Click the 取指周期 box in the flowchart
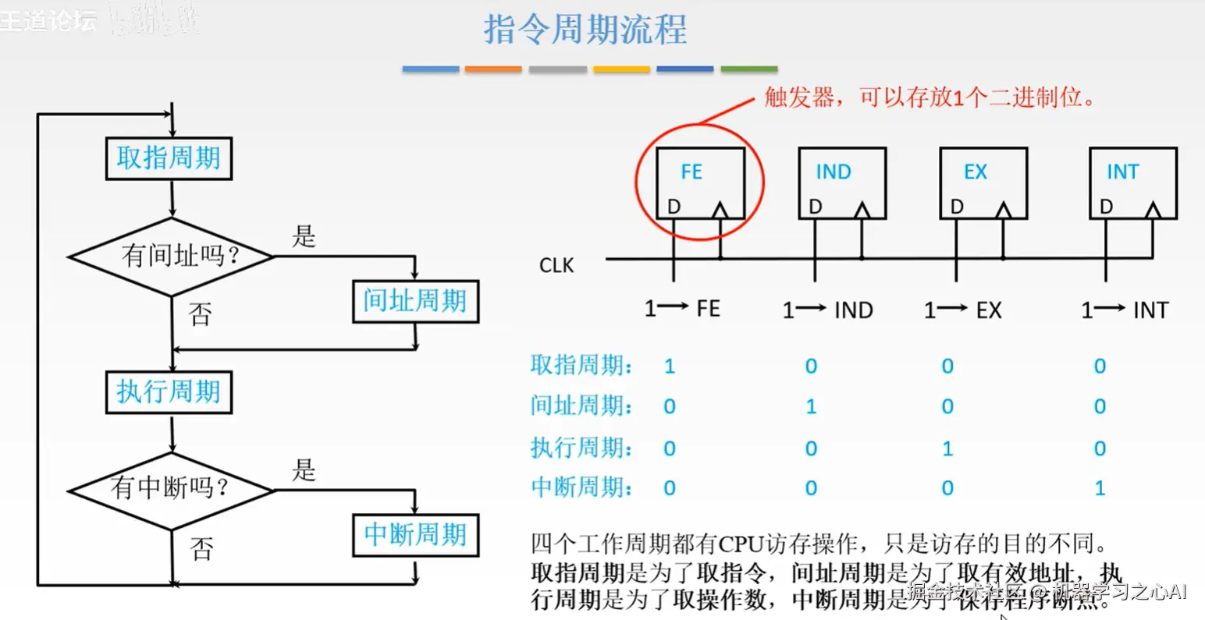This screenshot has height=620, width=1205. coord(169,158)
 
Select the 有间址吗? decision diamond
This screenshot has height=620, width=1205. coord(172,256)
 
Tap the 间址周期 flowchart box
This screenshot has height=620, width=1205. coord(415,302)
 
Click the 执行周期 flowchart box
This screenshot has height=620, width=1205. coord(169,391)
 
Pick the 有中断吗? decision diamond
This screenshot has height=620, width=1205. coord(171,489)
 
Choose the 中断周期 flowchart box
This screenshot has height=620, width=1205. coord(415,535)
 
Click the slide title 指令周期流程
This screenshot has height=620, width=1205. coord(585,30)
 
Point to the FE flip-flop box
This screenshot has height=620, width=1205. coord(700,183)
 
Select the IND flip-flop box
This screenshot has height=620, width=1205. coord(842,183)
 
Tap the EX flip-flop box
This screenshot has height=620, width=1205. coord(983,183)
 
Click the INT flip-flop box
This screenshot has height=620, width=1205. coord(1132,183)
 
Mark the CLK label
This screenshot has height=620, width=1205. coord(556,266)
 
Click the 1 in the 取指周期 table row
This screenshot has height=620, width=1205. coord(670,367)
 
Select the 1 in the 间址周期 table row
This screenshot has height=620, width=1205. coord(812,406)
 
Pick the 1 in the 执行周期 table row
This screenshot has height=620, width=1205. coord(947,448)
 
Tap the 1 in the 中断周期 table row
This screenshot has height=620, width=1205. coord(1100,489)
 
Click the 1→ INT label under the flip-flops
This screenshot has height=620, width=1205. coord(1125,310)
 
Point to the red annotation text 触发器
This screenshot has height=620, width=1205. coord(788,97)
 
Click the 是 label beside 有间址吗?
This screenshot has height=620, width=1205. coord(304,236)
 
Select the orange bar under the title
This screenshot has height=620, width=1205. coord(493,69)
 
